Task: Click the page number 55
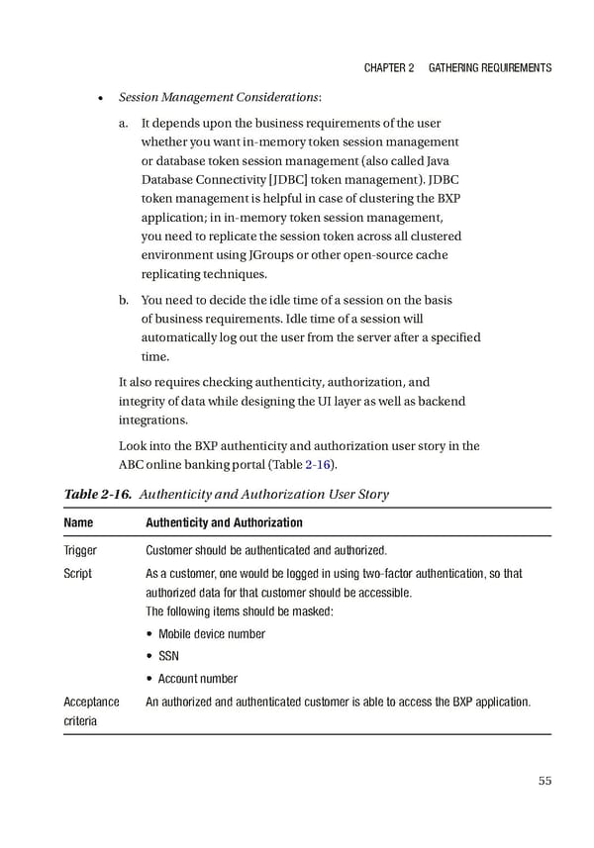(544, 781)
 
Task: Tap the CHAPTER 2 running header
(389, 67)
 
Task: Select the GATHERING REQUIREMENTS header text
(490, 67)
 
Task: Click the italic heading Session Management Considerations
(219, 97)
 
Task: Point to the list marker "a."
(124, 124)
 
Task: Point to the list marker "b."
(124, 300)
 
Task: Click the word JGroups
(339, 255)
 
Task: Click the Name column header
(78, 522)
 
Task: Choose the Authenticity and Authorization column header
(224, 522)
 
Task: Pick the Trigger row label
(81, 551)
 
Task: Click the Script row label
(78, 574)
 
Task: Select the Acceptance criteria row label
(91, 711)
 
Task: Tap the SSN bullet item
(168, 656)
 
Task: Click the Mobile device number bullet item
(211, 633)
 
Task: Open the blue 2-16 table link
(318, 465)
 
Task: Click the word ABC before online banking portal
(132, 465)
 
